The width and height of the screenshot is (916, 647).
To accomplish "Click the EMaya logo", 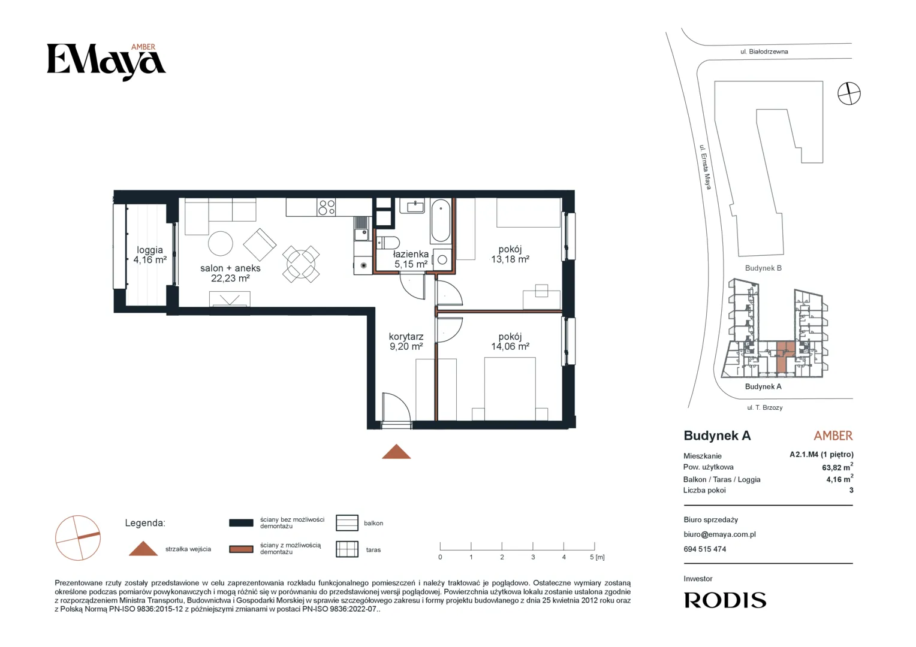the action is (106, 62).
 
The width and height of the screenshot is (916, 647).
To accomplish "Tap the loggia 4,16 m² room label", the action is (150, 255).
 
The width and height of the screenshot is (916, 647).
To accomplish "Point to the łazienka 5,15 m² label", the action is (411, 259).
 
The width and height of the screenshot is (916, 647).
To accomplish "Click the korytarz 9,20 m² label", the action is (406, 341).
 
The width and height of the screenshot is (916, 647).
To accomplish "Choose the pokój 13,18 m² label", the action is (510, 254).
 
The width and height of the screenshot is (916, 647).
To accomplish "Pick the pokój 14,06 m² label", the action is (510, 341).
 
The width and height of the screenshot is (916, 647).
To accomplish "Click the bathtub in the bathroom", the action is (441, 220).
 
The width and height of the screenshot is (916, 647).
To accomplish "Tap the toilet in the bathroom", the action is (387, 243).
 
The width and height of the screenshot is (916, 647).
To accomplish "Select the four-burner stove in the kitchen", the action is (326, 207).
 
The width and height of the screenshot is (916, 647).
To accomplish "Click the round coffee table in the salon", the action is (221, 244).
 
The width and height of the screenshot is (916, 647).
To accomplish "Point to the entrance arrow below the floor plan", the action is (396, 452).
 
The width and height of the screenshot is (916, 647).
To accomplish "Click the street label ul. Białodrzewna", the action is (764, 52).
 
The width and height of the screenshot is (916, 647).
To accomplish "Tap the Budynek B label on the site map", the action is (763, 268).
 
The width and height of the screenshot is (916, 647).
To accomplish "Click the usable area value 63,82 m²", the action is (837, 467).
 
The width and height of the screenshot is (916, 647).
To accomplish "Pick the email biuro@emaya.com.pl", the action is (719, 534).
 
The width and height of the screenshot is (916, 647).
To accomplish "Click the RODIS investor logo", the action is (725, 600).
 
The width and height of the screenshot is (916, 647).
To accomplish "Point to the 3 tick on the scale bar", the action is (533, 546).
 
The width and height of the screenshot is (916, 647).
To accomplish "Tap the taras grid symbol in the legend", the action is (346, 549).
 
